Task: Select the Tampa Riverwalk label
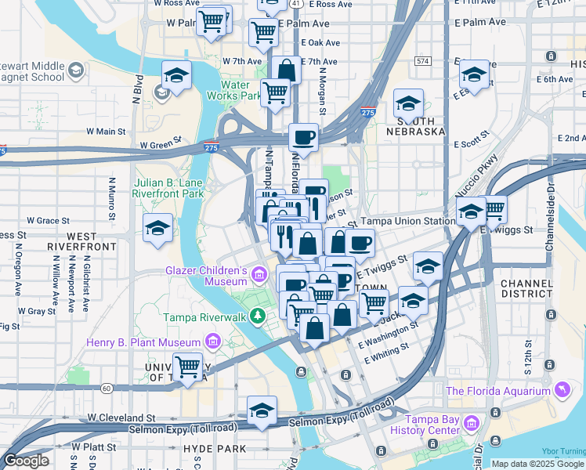tap(204, 317)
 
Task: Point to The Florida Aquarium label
tap(498, 391)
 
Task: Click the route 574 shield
tap(423, 60)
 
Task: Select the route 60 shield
tap(107, 387)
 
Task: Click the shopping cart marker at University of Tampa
tap(187, 366)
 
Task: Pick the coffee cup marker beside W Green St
tap(303, 137)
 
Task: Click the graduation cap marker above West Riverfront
tap(157, 228)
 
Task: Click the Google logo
tap(26, 461)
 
